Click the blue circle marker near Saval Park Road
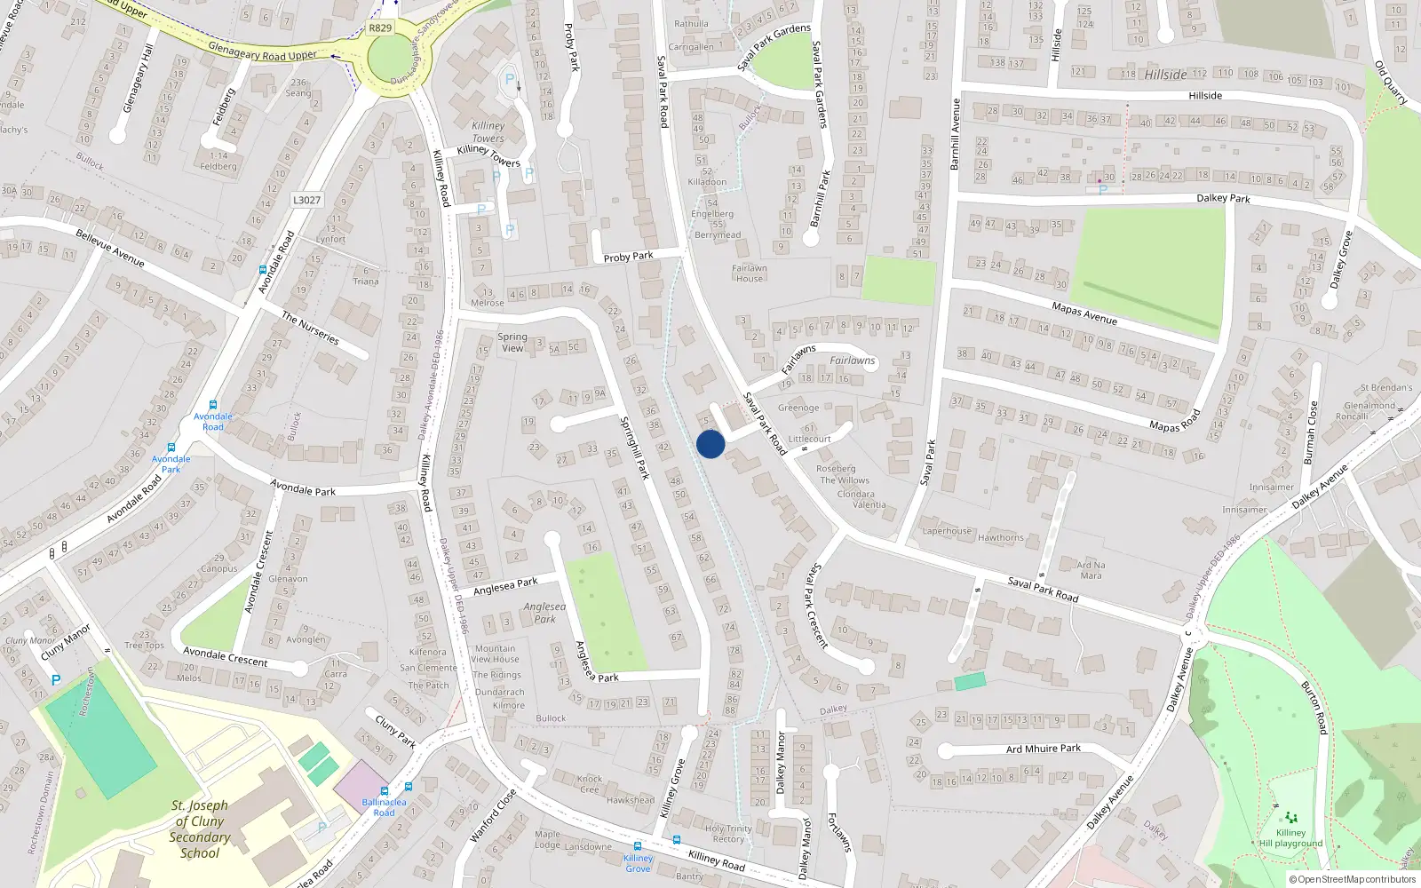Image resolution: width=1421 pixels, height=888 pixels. pos(710,444)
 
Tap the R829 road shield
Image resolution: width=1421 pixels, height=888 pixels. pos(380,28)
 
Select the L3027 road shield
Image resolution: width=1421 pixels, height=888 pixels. pos(306,200)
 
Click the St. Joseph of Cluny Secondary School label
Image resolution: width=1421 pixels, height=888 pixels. pos(200,829)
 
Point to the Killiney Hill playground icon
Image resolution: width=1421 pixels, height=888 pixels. pos(1290,817)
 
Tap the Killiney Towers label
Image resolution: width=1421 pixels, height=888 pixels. pos(488,132)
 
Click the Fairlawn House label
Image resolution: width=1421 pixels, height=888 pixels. pos(749,273)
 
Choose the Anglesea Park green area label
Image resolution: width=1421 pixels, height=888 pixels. pos(544,613)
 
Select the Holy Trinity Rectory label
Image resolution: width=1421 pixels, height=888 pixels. pos(728,834)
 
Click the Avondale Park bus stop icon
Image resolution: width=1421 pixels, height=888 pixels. pos(171,448)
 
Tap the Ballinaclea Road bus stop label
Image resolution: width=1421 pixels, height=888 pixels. pos(384,807)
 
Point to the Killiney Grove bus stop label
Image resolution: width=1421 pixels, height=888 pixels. pos(638,863)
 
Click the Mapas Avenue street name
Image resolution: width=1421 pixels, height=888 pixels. pos(1084,313)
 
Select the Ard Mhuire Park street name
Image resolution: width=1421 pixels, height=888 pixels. pos(1044,749)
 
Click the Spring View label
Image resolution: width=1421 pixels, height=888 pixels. pos(512,342)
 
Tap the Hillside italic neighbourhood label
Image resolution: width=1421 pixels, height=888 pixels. pos(1165,75)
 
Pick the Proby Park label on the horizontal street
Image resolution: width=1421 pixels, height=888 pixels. pos(628,257)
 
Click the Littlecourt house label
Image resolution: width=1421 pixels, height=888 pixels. pos(809,439)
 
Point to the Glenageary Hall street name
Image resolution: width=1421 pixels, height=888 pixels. pos(139,78)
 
